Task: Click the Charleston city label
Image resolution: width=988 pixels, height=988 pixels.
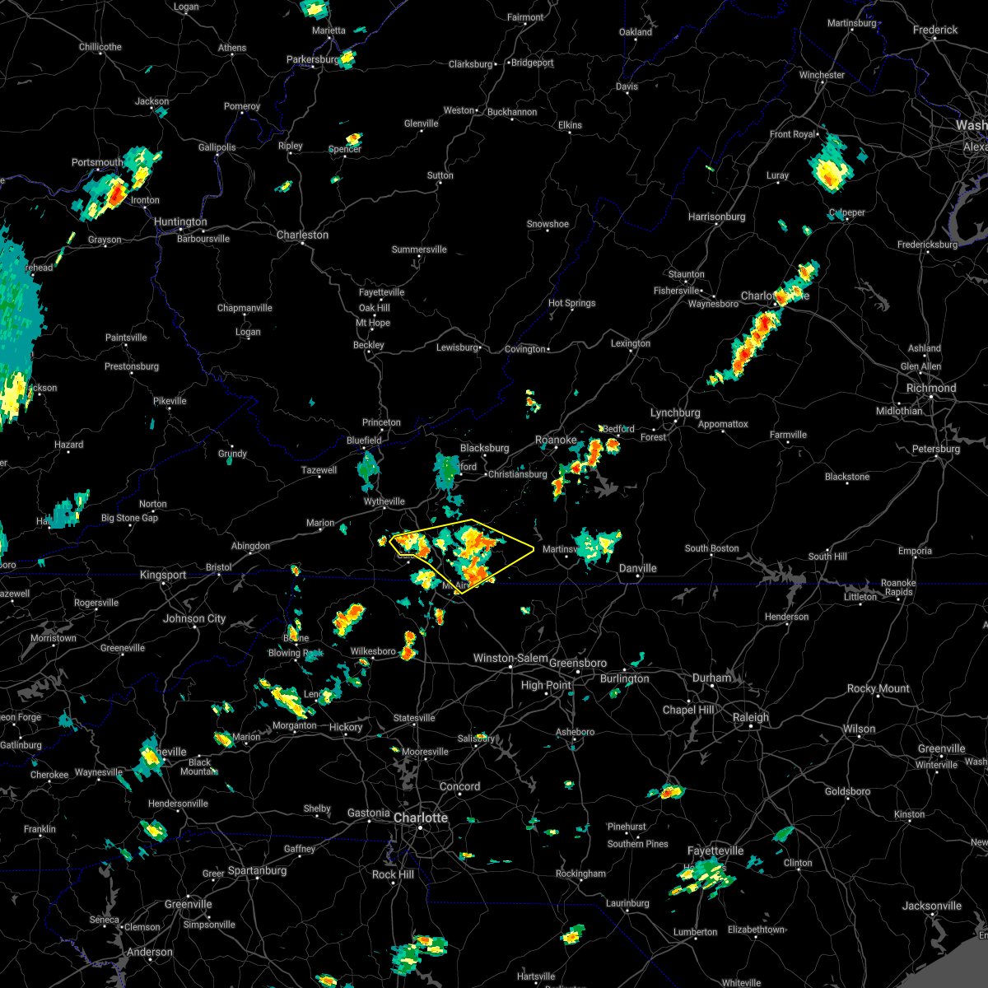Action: click(x=302, y=235)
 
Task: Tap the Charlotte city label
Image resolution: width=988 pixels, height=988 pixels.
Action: click(x=421, y=818)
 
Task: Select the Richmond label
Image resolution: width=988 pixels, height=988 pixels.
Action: click(x=931, y=388)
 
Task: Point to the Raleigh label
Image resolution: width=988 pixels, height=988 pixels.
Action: click(x=751, y=717)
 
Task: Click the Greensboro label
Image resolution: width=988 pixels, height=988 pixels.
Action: click(x=578, y=663)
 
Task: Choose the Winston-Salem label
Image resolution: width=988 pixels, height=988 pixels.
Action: click(x=510, y=658)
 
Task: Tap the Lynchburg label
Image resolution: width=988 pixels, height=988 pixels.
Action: click(x=675, y=412)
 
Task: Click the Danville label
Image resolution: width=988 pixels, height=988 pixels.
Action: click(x=638, y=568)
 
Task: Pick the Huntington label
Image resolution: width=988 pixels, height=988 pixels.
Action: click(x=180, y=221)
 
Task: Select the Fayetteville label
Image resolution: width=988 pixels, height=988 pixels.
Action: click(x=715, y=851)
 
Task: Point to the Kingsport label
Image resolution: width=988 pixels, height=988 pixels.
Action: click(x=163, y=575)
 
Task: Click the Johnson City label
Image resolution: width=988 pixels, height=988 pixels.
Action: click(x=194, y=618)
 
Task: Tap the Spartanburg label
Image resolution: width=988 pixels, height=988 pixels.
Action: click(x=257, y=870)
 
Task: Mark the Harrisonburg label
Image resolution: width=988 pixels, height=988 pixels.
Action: click(x=716, y=217)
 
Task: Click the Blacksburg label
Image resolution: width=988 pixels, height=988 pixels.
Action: click(x=484, y=448)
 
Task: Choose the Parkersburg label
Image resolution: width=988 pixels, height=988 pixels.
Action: click(x=312, y=59)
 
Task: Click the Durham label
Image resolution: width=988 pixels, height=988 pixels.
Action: click(x=711, y=678)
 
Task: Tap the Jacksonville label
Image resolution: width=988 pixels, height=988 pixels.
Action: click(x=931, y=906)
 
